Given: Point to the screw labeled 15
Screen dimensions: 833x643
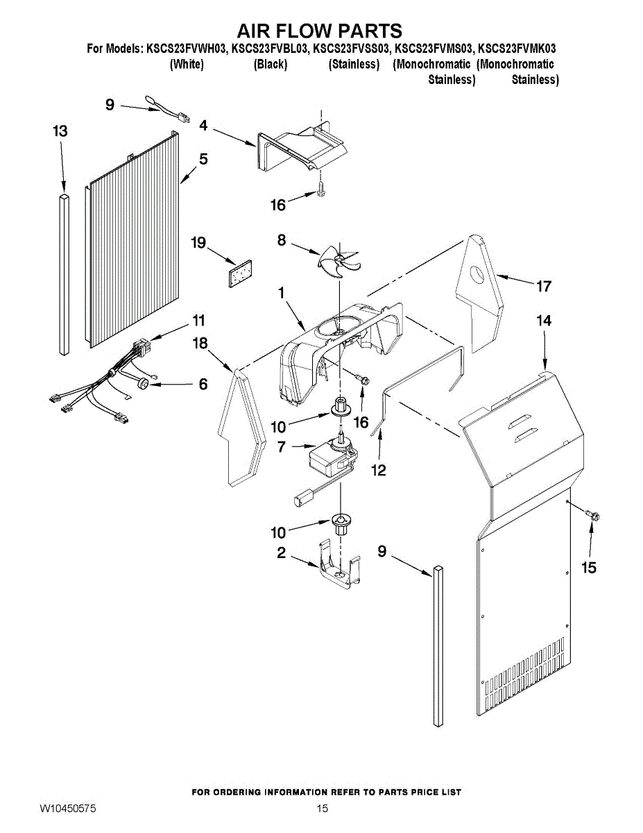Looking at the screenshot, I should point(593,514).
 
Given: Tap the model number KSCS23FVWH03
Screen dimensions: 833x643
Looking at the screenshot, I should point(187,49).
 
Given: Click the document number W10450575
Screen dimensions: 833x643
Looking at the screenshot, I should point(67,809).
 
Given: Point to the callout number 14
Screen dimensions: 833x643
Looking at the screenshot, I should point(544,320).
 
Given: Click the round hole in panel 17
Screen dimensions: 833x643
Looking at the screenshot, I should point(479,275).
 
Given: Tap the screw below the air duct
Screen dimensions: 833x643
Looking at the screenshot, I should point(321,187).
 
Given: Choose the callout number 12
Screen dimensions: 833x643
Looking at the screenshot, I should point(378,470).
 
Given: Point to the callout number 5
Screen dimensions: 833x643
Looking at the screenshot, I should point(203,159).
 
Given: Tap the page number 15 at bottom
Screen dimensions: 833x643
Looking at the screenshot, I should point(322,808).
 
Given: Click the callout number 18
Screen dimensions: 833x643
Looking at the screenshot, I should point(200,342).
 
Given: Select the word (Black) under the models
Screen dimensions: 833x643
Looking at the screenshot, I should point(271,65).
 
